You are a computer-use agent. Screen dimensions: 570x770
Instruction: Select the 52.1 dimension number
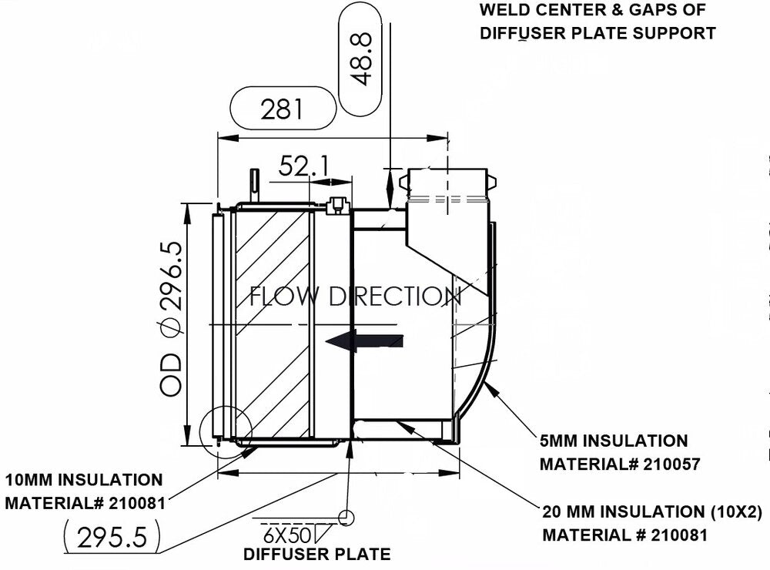coord(303,166)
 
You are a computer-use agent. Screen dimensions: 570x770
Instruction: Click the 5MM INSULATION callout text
coord(614,441)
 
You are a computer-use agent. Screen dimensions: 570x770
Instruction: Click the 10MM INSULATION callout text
coord(84,481)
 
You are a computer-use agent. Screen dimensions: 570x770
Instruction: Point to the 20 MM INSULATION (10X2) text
coord(651,511)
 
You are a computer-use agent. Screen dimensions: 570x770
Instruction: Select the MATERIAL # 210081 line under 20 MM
coord(624,535)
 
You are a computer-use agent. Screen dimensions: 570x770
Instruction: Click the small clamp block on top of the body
coord(335,206)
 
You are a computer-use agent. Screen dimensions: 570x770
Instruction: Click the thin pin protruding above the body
coord(253,183)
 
